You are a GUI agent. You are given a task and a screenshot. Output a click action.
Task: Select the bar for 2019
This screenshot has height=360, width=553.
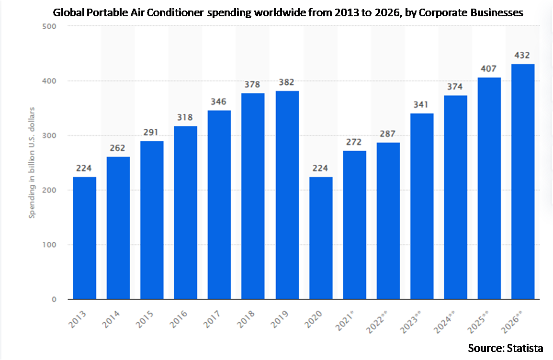tap(287, 195)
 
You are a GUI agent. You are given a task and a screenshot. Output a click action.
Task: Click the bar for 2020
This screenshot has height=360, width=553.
tap(321, 238)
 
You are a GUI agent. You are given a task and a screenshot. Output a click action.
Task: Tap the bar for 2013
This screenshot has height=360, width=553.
tap(84, 238)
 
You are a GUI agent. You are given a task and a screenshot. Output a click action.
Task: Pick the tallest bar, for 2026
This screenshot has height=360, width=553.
tap(523, 181)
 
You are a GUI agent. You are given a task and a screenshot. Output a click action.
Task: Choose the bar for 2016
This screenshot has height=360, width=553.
tap(186, 213)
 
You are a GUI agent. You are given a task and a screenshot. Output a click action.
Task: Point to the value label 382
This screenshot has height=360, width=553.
tap(287, 82)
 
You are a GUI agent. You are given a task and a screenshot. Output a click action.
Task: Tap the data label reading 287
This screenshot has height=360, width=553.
tap(388, 134)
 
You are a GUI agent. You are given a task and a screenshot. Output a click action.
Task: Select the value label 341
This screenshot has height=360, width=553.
tap(422, 105)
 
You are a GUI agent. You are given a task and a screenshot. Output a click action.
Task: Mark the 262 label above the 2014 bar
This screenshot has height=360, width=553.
tap(118, 148)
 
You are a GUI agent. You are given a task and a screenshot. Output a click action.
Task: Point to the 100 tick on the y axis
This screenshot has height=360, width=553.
tap(50, 245)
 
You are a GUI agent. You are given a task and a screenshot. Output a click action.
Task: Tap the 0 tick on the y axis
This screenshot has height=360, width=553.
tap(54, 299)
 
